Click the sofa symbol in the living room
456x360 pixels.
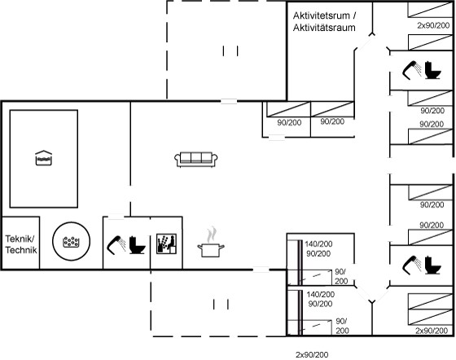click(196, 160)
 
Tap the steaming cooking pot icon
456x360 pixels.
click(211, 243)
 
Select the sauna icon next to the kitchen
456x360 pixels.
click(166, 244)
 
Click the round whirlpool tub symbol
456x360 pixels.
click(72, 241)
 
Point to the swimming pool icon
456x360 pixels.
click(44, 158)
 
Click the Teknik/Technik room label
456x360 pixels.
click(21, 244)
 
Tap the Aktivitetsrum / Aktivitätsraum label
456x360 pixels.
click(324, 21)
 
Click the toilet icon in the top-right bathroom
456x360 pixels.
click(432, 70)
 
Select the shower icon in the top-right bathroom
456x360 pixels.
click(412, 70)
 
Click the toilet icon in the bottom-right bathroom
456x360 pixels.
click(432, 265)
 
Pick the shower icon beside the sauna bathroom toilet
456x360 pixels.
click(116, 245)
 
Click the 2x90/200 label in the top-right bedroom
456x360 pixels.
click(433, 25)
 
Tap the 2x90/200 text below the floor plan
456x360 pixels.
click(312, 355)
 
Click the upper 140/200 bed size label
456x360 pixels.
click(318, 244)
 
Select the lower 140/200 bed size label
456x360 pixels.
click(320, 294)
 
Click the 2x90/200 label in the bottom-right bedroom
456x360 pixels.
click(432, 331)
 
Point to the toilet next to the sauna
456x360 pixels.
click(137, 245)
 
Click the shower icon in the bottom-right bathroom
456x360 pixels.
click(412, 265)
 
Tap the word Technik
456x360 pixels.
click(21, 250)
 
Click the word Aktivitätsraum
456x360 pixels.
click(324, 28)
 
